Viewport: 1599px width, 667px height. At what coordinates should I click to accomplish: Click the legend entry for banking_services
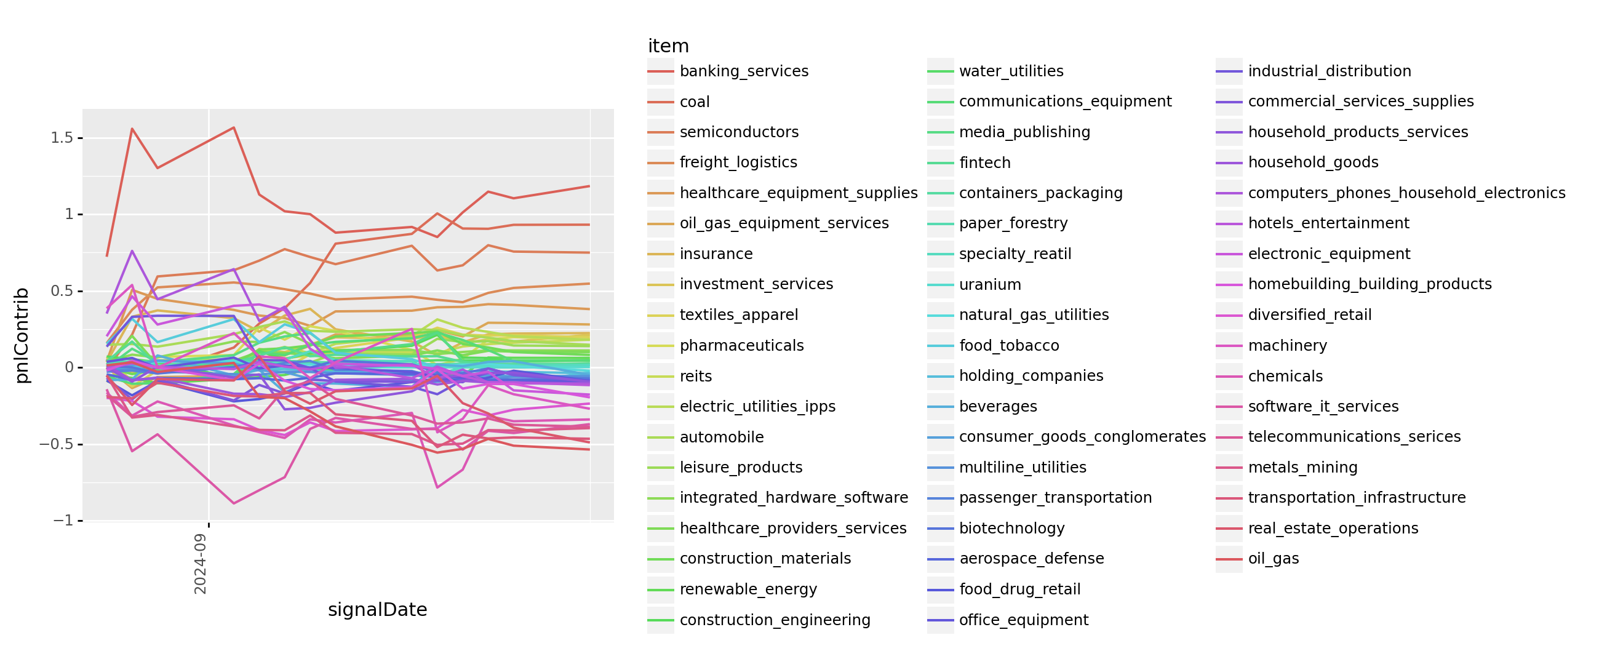(744, 71)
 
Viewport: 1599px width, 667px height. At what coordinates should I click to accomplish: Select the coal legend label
(694, 102)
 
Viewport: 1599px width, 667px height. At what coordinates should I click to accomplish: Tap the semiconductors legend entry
(739, 132)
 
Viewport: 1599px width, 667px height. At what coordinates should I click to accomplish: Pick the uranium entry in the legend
(989, 284)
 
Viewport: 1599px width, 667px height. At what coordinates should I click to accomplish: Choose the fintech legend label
(984, 162)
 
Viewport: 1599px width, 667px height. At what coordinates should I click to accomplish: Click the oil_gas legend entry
(1273, 559)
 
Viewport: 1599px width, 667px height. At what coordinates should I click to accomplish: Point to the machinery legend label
(1288, 345)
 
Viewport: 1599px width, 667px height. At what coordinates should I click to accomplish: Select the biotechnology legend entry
(1012, 529)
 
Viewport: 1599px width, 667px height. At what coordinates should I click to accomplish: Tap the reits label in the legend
(695, 377)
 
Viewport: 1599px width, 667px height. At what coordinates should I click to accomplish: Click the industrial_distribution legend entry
(1329, 71)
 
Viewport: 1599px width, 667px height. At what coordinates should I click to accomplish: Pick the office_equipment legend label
(1024, 620)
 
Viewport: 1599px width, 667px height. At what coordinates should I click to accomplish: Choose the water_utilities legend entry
(1011, 71)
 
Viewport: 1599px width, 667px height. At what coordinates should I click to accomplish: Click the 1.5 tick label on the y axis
(62, 138)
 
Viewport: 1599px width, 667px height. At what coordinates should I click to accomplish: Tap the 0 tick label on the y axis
(69, 368)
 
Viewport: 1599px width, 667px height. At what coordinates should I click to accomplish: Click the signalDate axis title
(377, 610)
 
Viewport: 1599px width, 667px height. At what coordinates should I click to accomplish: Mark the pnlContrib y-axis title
(22, 335)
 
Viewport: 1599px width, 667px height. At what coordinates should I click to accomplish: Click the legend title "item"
(668, 46)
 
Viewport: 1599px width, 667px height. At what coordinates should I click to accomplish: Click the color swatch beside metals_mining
(1229, 468)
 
